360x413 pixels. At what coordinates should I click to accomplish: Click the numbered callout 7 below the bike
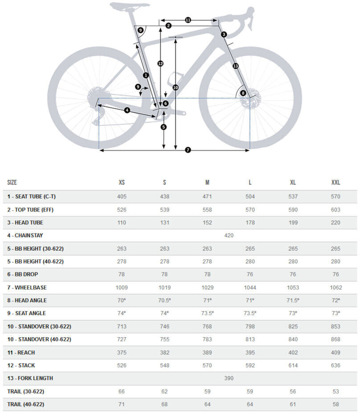pos(188,150)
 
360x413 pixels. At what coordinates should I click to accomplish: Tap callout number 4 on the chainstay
pos(127,110)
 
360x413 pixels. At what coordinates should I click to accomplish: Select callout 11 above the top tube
pos(188,20)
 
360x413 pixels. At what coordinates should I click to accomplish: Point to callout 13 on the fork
pos(235,66)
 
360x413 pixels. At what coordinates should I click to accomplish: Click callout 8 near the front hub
pos(243,93)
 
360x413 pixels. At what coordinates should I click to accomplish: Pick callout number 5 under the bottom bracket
pos(164,127)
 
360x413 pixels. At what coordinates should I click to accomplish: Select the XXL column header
pos(335,182)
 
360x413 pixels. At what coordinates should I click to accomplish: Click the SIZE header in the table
pos(12,182)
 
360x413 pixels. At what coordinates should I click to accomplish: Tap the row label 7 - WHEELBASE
pos(27,287)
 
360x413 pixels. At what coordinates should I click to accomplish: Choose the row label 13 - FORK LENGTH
pos(30,378)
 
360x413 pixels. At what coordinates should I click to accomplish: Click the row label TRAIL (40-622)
pos(25,405)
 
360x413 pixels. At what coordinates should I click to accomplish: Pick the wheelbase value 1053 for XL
pos(293,287)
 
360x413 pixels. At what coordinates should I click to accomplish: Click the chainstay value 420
pos(229,235)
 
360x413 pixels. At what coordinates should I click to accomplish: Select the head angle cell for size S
pos(164,300)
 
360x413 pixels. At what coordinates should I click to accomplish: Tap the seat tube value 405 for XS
pos(122,196)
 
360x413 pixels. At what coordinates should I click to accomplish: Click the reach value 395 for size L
pos(250,352)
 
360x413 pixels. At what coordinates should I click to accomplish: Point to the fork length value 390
pos(229,378)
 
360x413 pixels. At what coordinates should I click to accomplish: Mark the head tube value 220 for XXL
pos(335,223)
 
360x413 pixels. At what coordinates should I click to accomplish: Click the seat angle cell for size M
pos(207,313)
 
